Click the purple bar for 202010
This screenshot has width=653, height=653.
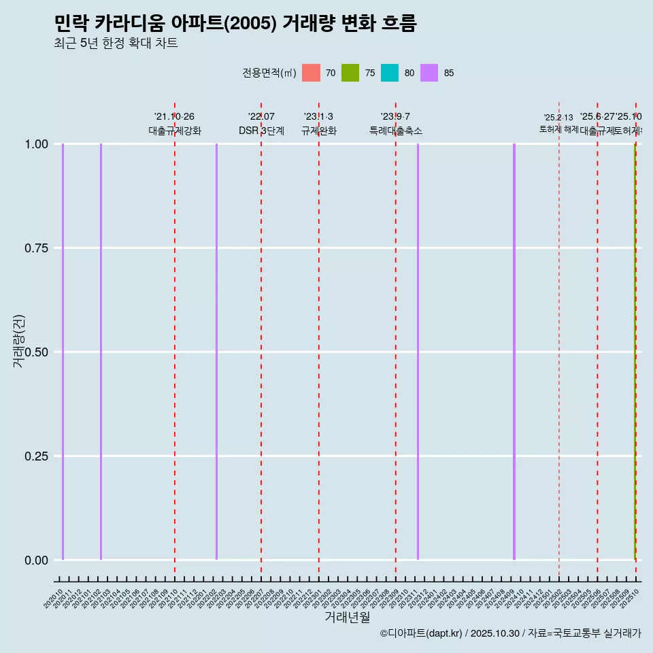(x=63, y=352)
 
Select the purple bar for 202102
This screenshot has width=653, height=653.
(x=101, y=352)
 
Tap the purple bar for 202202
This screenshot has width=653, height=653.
(x=216, y=352)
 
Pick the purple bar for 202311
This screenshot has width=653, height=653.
(x=418, y=352)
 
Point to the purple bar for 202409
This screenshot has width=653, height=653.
(x=514, y=352)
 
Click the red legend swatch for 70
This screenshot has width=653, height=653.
(x=311, y=73)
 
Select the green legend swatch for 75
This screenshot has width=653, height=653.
(x=350, y=73)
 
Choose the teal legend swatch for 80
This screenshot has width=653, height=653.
(x=390, y=73)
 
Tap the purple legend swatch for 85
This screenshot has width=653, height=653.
(x=429, y=73)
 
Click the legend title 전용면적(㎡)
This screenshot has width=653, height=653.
(x=269, y=73)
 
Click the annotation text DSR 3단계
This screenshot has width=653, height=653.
(x=261, y=131)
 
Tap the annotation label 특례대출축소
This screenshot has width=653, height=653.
(x=396, y=131)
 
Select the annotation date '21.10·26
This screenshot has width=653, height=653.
(x=175, y=117)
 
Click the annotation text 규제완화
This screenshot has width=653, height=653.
(x=319, y=131)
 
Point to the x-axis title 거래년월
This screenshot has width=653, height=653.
(x=347, y=618)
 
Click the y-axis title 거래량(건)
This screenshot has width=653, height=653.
(x=19, y=341)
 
